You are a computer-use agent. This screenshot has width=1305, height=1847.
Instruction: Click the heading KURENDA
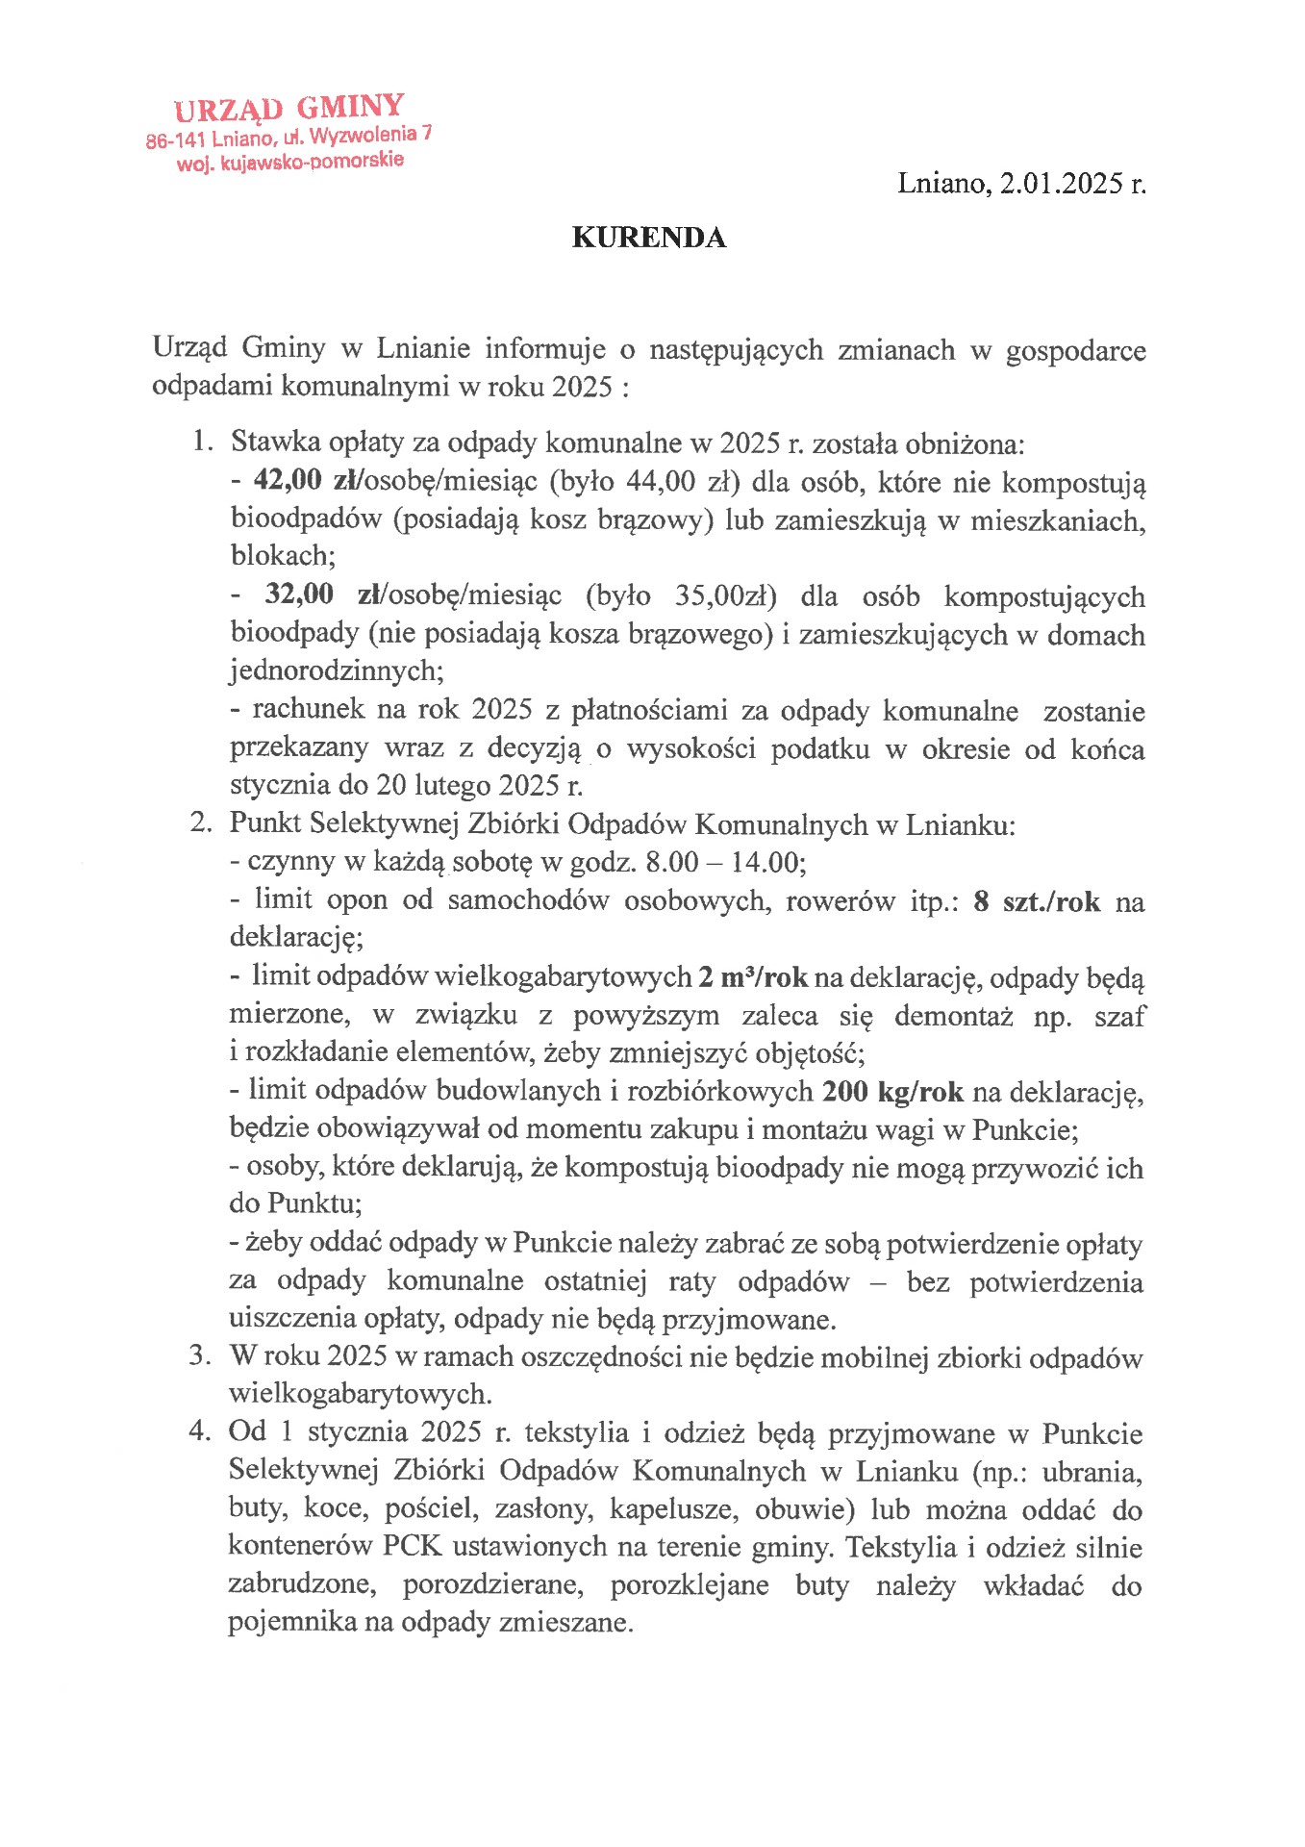[x=648, y=238]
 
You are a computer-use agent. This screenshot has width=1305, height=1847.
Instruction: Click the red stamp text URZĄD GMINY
[x=289, y=109]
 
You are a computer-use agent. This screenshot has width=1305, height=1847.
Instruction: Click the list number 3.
[x=199, y=1355]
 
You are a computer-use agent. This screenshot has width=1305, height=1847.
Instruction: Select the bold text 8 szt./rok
[x=1037, y=901]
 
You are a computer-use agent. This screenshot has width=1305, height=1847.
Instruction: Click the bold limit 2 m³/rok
[x=753, y=977]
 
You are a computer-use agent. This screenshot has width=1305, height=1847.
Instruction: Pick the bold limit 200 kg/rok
[x=893, y=1092]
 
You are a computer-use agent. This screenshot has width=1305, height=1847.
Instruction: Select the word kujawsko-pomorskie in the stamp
[x=312, y=162]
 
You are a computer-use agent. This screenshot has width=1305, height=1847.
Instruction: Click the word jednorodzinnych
[x=334, y=670]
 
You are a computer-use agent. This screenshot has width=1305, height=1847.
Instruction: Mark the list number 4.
[x=199, y=1431]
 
